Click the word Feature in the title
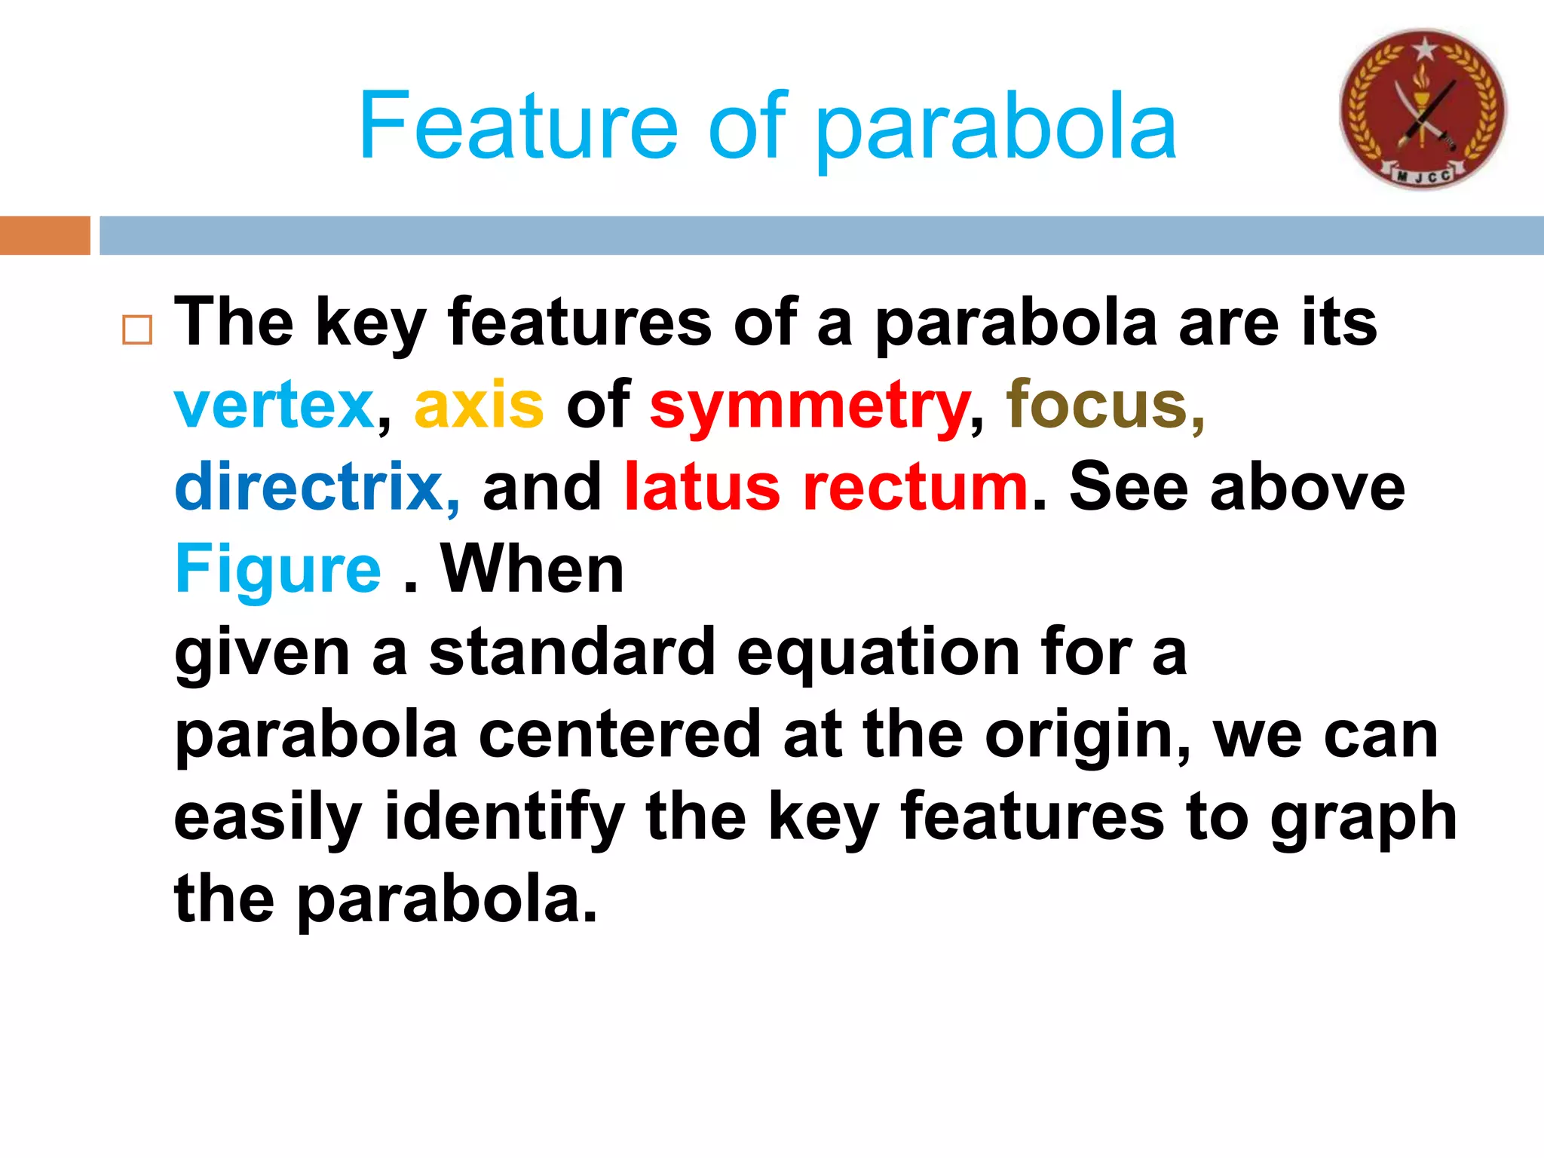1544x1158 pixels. [x=519, y=126]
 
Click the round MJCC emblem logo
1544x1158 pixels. [x=1423, y=109]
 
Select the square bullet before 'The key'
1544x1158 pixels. [x=137, y=330]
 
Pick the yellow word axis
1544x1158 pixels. [x=479, y=405]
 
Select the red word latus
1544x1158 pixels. [x=702, y=487]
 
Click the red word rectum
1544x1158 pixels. [x=915, y=487]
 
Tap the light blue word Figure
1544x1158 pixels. [x=278, y=571]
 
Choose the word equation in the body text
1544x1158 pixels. [x=877, y=653]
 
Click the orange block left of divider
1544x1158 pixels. [x=44, y=235]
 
